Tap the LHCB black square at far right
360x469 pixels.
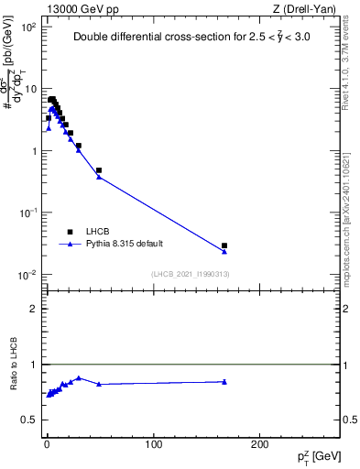[x=224, y=245]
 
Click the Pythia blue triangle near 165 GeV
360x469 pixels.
[x=224, y=251]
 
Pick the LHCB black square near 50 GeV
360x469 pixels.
[x=99, y=170]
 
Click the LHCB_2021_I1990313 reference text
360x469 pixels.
[x=189, y=275]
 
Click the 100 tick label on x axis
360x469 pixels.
[x=154, y=444]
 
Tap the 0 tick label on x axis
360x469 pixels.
[x=47, y=444]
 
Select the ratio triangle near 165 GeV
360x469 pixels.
[x=224, y=381]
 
